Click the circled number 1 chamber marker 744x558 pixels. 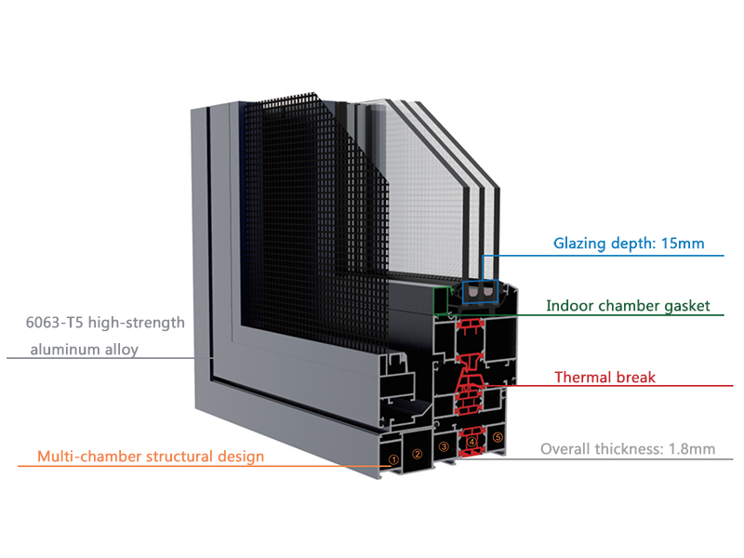(393, 458)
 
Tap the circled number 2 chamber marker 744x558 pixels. (418, 455)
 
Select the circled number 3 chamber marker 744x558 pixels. (444, 447)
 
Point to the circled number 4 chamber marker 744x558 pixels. (472, 442)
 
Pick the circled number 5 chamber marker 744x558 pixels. (498, 436)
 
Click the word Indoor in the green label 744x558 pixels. (569, 305)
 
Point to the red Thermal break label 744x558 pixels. (604, 378)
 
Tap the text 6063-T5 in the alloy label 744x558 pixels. (55, 324)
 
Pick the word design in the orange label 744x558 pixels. (241, 457)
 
